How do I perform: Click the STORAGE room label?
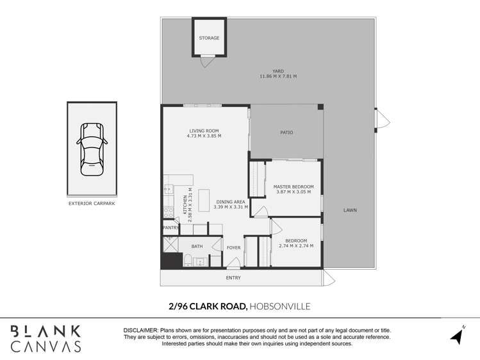[x=209, y=38]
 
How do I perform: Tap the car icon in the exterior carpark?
[x=92, y=148]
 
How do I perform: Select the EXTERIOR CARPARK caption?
[x=92, y=204]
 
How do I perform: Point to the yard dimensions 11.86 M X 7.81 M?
[x=277, y=76]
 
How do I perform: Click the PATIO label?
[x=286, y=133]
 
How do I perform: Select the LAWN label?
[x=350, y=210]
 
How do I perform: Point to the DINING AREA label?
[x=230, y=202]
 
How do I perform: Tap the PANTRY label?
[x=170, y=227]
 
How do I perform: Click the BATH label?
[x=197, y=246]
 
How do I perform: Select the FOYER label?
[x=233, y=247]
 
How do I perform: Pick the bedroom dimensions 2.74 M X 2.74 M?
[x=295, y=246]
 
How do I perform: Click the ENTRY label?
[x=233, y=277]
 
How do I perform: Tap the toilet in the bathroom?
[x=189, y=259]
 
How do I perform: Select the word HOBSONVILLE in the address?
[x=280, y=306]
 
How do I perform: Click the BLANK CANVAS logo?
[x=46, y=338]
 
